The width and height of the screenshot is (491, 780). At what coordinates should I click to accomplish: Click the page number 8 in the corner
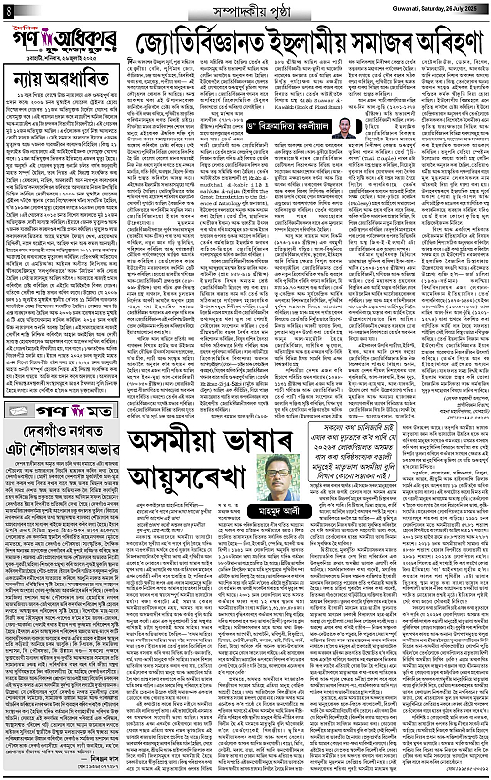(9, 8)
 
